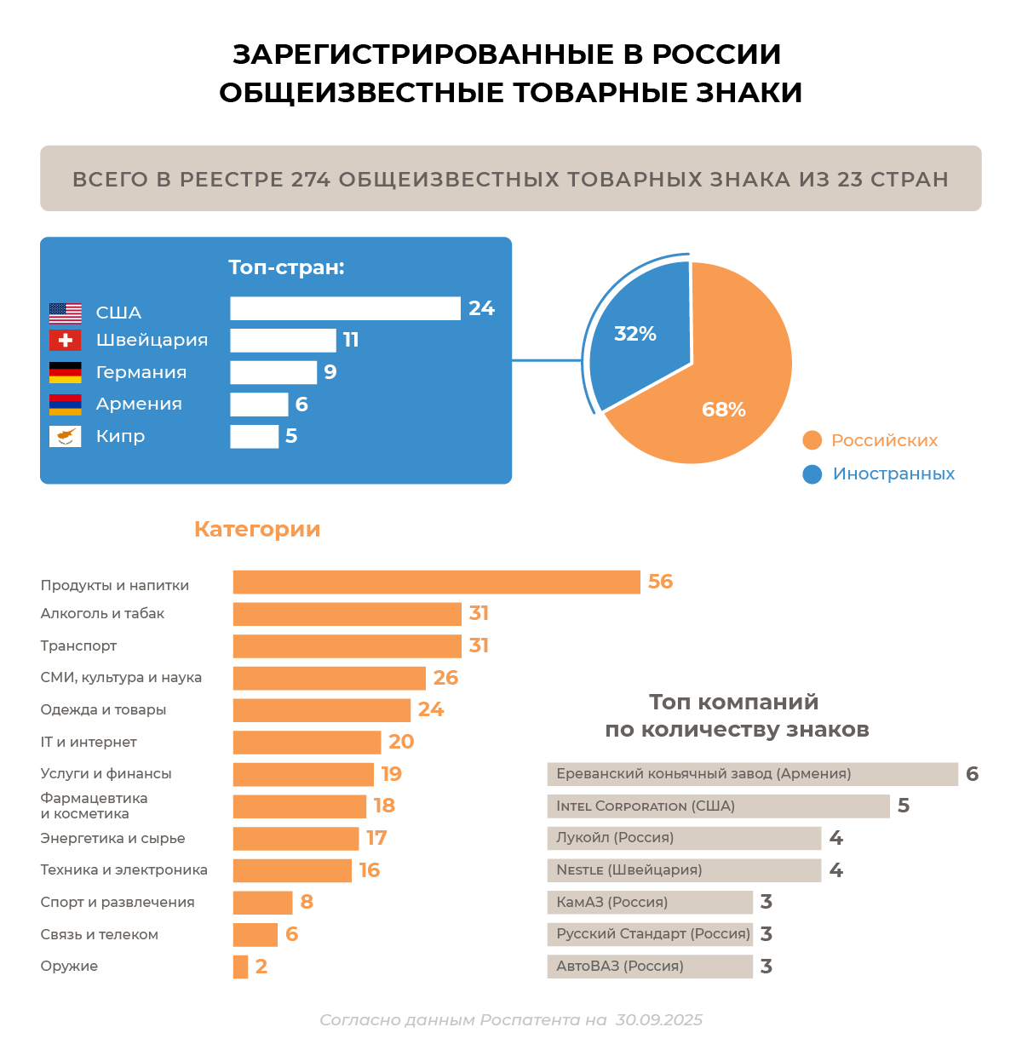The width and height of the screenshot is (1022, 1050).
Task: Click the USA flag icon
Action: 66,313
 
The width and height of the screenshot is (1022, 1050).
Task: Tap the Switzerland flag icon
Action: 66,341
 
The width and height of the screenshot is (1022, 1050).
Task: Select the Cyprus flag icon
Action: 66,437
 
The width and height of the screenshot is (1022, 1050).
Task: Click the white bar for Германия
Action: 273,372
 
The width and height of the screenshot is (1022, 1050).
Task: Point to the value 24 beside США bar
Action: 481,308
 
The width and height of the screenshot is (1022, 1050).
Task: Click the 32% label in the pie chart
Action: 635,334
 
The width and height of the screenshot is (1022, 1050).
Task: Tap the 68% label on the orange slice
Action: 724,410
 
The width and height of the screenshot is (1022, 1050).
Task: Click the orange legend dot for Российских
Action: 812,440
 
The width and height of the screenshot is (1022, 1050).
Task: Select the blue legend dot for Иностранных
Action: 812,474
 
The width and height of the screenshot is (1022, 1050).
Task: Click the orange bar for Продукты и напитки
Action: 436,582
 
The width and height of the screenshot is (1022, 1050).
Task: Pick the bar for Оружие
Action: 240,967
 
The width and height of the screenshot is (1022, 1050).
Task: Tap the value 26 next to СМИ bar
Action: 445,678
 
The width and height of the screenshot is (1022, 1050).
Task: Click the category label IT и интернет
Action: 89,743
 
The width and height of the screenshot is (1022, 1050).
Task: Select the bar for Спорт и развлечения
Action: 262,903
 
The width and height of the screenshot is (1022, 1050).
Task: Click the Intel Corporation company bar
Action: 718,806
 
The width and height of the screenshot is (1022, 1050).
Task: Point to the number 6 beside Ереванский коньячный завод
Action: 973,774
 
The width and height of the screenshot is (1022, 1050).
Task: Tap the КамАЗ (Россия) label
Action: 611,903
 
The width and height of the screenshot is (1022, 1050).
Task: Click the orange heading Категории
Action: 257,529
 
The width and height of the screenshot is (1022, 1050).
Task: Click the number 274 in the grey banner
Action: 312,180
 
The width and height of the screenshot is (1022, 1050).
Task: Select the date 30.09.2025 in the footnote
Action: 659,1020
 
